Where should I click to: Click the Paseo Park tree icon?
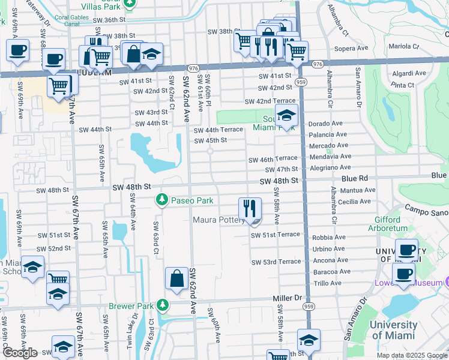[x=161, y=200]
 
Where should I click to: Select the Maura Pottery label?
[x=219, y=220]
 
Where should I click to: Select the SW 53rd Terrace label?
[x=276, y=262]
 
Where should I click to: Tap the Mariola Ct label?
[x=404, y=46]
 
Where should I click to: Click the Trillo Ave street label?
[x=327, y=283]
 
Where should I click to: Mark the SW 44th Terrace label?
[x=218, y=130]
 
